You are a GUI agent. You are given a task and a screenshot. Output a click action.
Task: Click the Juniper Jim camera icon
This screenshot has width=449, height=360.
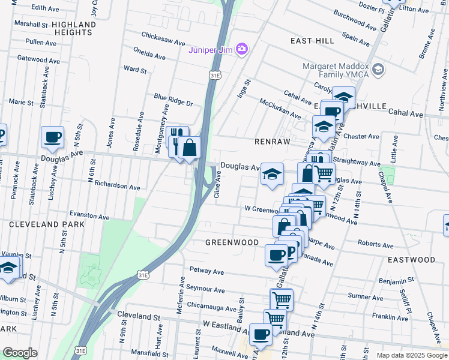tap(242, 49)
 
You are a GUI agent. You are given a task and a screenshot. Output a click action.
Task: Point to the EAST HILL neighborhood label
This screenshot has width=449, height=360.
tap(312, 40)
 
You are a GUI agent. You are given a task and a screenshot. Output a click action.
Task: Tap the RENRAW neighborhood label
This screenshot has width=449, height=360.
tap(273, 141)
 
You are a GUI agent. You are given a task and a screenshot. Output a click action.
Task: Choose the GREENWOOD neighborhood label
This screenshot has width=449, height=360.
tap(232, 242)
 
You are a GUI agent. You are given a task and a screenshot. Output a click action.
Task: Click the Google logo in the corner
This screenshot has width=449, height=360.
tap(20, 353)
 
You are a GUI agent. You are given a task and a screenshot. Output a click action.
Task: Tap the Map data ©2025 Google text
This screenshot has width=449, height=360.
tap(411, 355)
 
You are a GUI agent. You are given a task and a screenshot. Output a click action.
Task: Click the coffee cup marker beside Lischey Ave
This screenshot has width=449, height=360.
tap(52, 137)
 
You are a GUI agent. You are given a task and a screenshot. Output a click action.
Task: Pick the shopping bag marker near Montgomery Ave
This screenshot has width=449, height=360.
tap(189, 147)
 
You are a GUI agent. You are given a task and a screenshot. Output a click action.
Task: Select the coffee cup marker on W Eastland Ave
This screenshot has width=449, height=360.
tap(261, 334)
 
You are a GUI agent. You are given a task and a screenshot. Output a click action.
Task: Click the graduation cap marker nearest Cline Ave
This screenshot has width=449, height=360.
tap(272, 174)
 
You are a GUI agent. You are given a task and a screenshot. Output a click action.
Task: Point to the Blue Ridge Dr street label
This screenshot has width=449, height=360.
tap(173, 100)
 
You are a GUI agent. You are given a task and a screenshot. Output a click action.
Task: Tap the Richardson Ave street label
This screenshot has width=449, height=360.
tap(117, 187)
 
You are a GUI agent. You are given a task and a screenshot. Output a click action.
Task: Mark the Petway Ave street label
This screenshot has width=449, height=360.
tap(206, 272)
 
